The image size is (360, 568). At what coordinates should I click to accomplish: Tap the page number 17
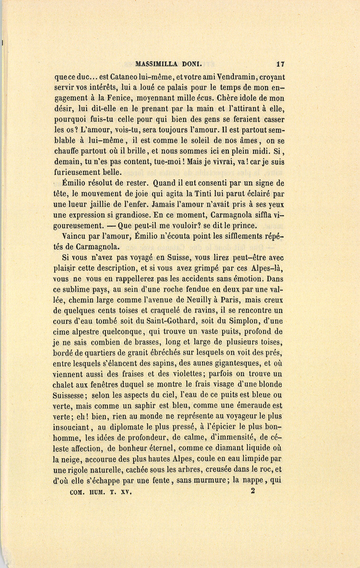280,63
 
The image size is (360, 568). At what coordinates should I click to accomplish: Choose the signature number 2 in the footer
253,492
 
